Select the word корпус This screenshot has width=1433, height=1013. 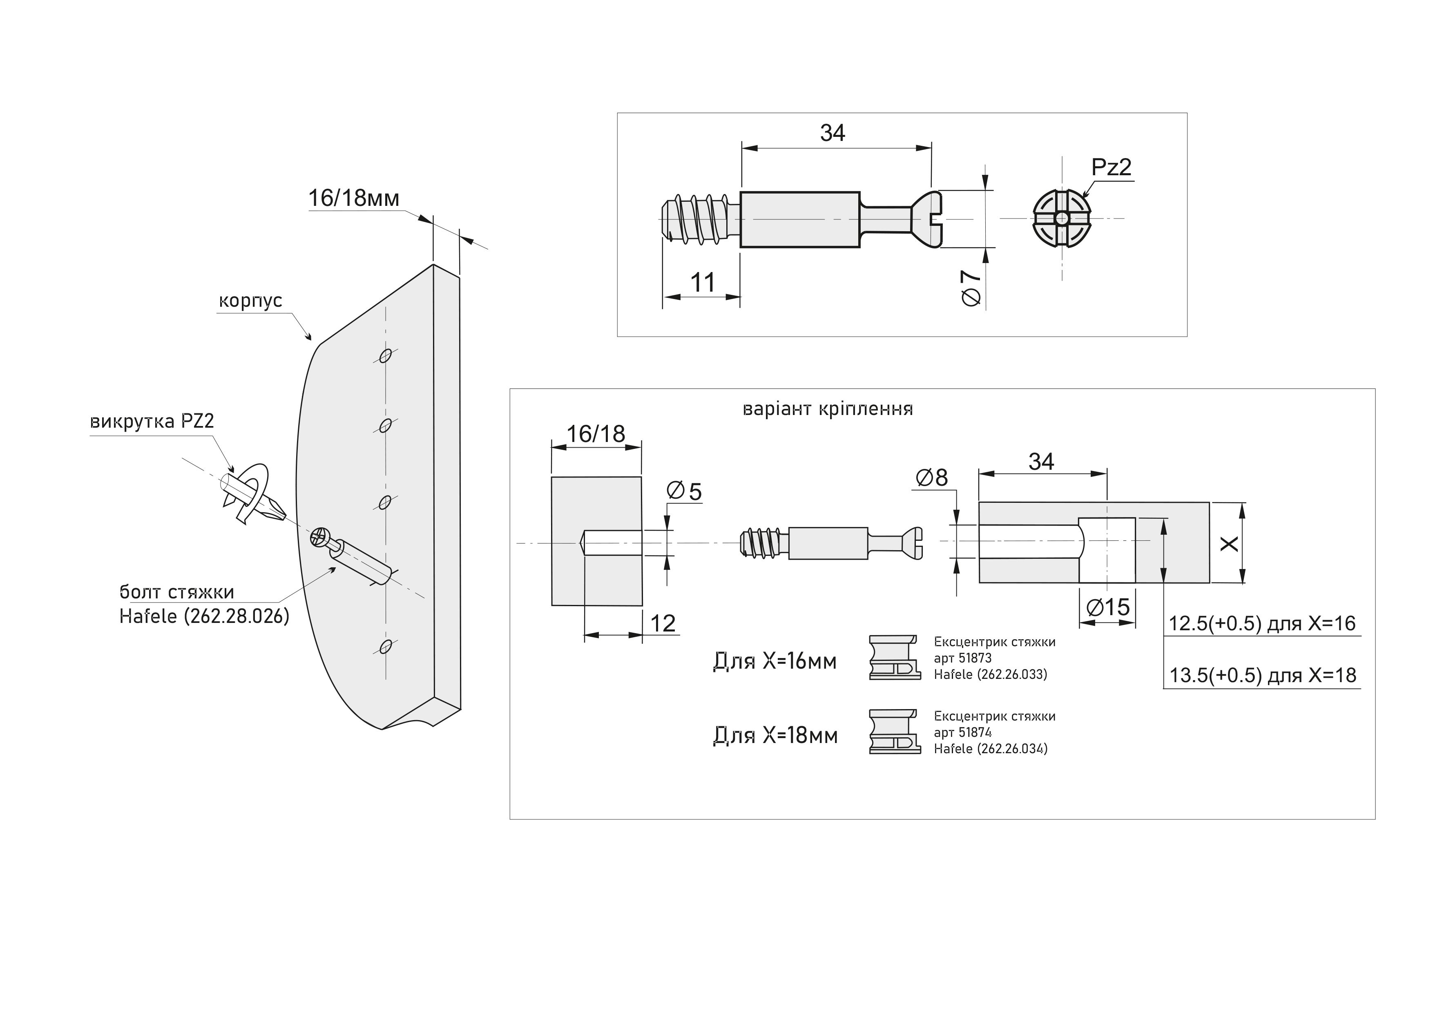coord(250,301)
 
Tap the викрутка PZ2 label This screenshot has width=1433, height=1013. coord(152,421)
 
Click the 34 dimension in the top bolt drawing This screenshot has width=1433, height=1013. coord(833,133)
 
